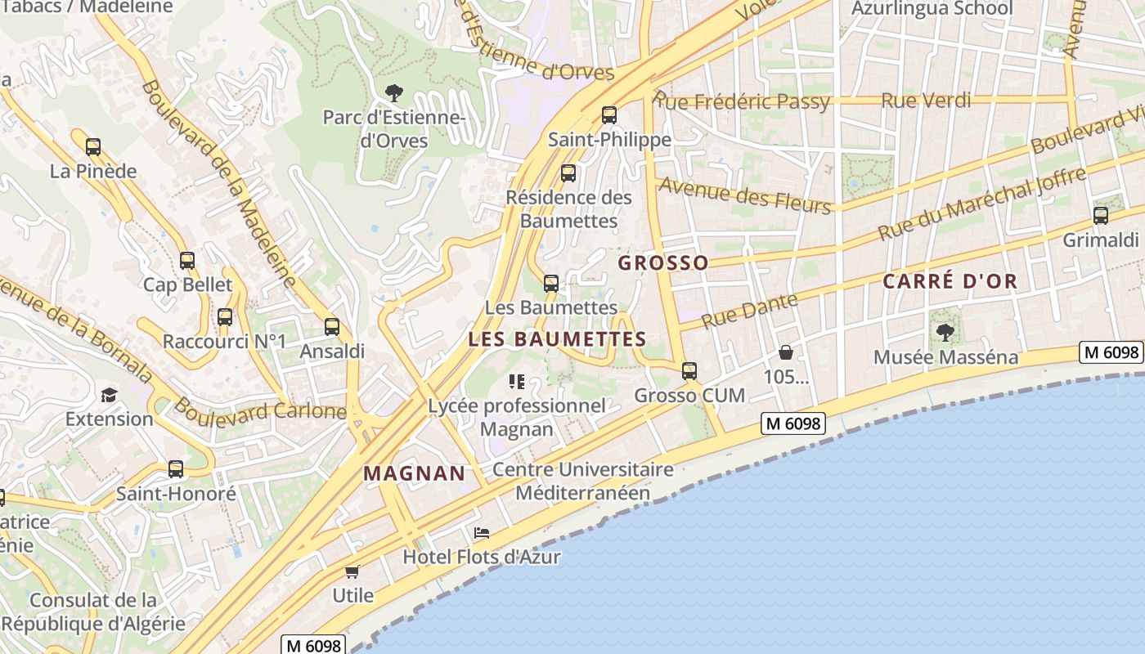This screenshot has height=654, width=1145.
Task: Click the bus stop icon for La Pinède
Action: click(93, 147)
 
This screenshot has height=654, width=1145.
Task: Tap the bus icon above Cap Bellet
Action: click(187, 261)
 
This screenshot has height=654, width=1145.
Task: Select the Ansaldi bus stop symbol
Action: click(331, 327)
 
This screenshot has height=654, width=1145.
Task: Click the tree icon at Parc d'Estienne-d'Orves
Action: click(393, 92)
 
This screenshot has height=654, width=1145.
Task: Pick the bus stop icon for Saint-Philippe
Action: click(608, 115)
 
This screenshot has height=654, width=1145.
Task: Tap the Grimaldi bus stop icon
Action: click(1101, 216)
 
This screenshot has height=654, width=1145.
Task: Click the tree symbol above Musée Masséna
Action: click(945, 332)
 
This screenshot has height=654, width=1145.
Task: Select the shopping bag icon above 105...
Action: click(786, 352)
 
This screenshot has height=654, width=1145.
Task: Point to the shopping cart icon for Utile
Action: click(352, 571)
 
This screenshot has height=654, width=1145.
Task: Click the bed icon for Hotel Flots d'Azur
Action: click(482, 533)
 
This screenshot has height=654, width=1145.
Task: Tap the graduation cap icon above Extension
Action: click(109, 396)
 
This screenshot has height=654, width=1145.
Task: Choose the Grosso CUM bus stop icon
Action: click(689, 371)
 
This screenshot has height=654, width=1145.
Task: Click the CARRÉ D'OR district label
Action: click(950, 282)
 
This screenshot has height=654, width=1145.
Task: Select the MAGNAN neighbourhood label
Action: click(414, 473)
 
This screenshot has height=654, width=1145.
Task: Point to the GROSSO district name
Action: click(663, 263)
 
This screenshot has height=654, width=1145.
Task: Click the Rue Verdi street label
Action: click(926, 101)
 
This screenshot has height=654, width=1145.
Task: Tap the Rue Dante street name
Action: click(749, 311)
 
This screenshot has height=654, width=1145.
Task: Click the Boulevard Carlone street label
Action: click(260, 410)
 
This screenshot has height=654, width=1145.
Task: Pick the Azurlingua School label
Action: click(932, 9)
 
